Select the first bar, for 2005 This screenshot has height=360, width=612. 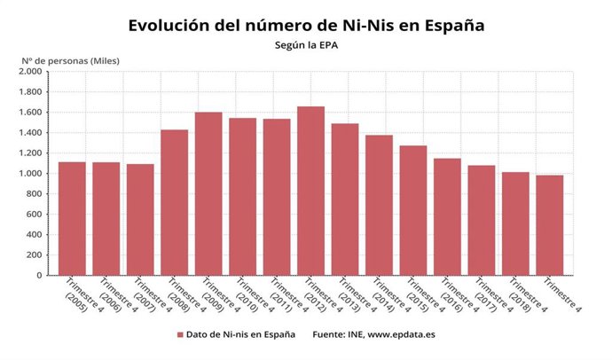(72, 218)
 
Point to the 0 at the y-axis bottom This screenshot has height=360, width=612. (38, 276)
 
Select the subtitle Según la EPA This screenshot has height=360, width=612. (305, 44)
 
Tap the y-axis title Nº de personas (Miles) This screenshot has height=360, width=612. (70, 60)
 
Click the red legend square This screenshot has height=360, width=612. (180, 335)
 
